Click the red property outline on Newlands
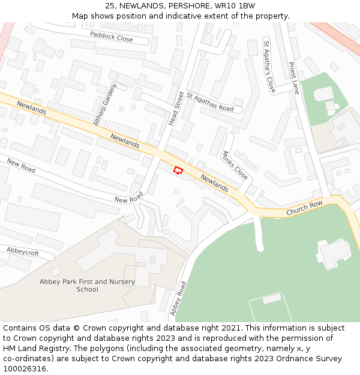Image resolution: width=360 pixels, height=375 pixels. tap(178, 170)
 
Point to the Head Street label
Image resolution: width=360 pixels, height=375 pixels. tap(176, 108)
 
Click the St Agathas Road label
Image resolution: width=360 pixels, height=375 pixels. tap(210, 102)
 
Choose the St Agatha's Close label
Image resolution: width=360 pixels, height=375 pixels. tap(269, 66)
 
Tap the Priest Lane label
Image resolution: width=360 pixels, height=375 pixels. tap(294, 78)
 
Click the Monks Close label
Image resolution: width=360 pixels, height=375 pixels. tap(235, 164)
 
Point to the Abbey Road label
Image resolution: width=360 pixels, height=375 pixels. tap(178, 298)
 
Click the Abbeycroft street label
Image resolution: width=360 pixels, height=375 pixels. tap(22, 251)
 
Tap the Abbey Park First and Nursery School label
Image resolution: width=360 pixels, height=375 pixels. tap(87, 286)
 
